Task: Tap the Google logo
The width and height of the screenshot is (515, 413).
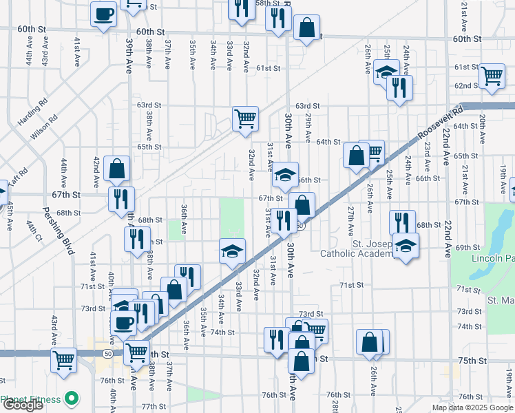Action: pyautogui.click(x=23, y=405)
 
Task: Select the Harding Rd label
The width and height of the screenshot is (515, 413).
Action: pyautogui.click(x=32, y=110)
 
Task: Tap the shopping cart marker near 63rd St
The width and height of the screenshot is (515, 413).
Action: pyautogui.click(x=245, y=118)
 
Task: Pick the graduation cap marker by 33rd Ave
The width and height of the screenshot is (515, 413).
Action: pyautogui.click(x=233, y=251)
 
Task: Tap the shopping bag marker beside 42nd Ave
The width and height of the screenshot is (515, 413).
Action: pyautogui.click(x=117, y=167)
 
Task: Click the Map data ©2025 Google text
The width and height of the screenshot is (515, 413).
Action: pyautogui.click(x=472, y=407)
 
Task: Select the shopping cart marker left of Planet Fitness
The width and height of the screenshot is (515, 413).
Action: pyautogui.click(x=64, y=359)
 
